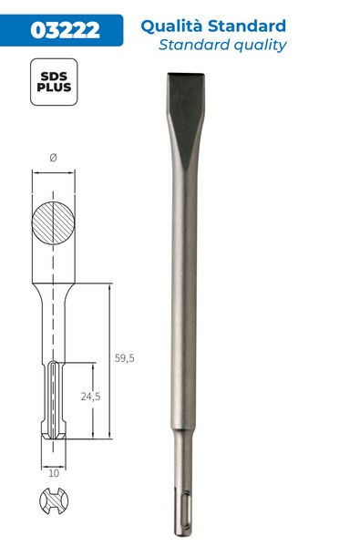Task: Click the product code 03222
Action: point(66,30)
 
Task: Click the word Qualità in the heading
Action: point(171,26)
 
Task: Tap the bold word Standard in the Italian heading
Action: point(247,26)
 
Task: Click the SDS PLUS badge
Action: point(54,82)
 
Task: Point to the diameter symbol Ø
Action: point(53,158)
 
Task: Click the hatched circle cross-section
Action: point(53,223)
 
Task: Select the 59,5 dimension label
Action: point(125,358)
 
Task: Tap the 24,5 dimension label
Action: point(91,397)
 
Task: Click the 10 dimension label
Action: point(54,473)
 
